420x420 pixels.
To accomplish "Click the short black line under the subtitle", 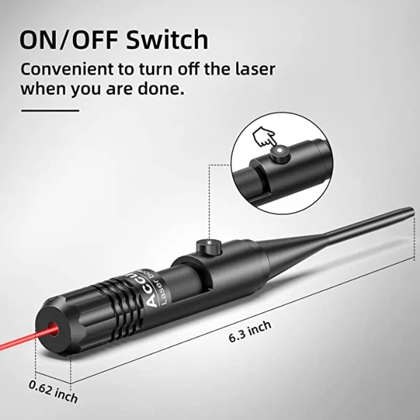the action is click(x=49, y=111).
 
